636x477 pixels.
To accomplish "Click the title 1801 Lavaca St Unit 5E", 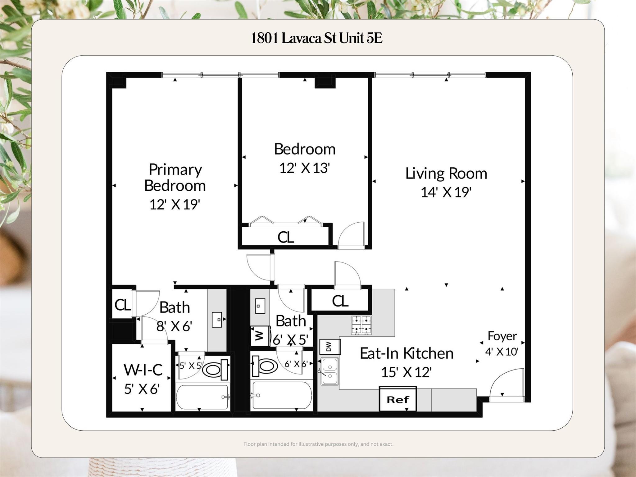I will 316,38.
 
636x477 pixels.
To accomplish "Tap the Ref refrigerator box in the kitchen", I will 397,399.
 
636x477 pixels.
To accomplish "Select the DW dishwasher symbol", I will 329,347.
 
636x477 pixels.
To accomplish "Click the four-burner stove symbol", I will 361,325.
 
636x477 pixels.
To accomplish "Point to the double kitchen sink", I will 329,371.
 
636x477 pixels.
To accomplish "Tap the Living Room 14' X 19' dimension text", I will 446,192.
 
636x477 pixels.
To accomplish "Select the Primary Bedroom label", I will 175,177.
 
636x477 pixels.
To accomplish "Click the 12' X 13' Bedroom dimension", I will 304,168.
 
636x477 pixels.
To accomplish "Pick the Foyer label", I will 502,336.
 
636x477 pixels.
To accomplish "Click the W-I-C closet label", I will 143,370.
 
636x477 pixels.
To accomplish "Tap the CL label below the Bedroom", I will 285,238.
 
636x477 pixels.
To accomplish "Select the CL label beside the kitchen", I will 340,301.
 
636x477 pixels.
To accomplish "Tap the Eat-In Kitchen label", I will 406,353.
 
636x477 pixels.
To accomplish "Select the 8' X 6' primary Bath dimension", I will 174,326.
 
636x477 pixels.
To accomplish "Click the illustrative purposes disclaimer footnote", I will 318,444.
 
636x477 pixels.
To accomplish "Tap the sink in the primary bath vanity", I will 217,320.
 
